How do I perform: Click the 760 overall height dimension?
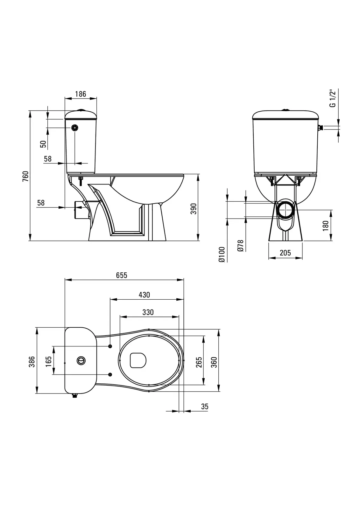coord(26,176)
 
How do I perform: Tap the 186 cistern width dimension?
coord(81,94)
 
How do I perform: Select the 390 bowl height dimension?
coord(194,209)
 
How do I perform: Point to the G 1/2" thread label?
coord(332,99)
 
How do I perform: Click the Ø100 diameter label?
coord(222,254)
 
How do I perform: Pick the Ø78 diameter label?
coord(240,246)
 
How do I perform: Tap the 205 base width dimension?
coord(286,253)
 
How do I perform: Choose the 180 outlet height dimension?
coord(326,226)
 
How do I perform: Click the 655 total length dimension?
coord(122,275)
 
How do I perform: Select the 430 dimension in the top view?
coord(145,295)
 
